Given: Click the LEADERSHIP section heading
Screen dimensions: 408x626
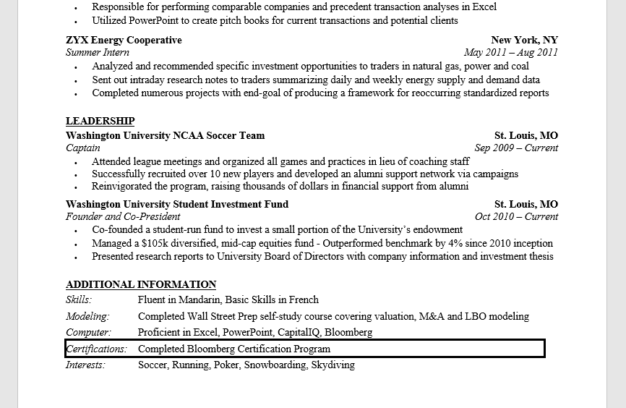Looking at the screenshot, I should tap(100, 121).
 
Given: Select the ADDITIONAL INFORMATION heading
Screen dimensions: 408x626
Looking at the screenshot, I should tap(141, 284).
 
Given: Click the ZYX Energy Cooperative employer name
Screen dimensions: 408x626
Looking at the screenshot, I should tap(124, 40).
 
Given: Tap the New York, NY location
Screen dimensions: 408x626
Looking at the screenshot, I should tap(524, 40).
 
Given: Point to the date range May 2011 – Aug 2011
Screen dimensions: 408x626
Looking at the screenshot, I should tap(511, 52).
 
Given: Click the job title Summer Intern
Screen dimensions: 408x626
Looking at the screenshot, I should tap(98, 52).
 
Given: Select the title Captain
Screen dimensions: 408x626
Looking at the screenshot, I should tap(83, 148).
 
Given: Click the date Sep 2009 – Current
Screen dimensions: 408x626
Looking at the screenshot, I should tap(516, 148).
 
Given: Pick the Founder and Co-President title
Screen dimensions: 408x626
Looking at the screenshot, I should tap(123, 216).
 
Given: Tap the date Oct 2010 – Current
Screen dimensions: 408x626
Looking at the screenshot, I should tap(516, 216).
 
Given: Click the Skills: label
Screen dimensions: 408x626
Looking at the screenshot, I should tap(79, 299).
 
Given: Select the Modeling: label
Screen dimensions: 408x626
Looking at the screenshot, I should tap(87, 316).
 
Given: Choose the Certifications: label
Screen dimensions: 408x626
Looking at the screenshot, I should tap(96, 349).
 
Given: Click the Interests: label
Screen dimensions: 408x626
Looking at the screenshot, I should tap(85, 365).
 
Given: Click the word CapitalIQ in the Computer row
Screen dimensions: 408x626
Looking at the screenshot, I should tap(299, 333).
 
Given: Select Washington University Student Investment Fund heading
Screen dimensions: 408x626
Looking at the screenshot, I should tap(177, 204).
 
